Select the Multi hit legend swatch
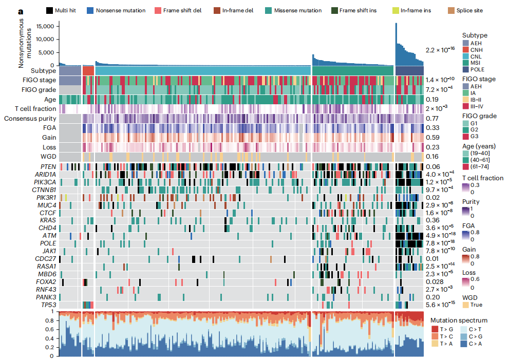[x=49, y=10]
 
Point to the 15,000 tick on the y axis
[x=43, y=26]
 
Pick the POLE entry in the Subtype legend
[x=477, y=69]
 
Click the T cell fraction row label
[x=36, y=109]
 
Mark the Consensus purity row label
[x=30, y=119]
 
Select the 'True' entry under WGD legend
[x=476, y=305]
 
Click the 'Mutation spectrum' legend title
[x=458, y=320]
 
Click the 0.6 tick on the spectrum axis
[x=52, y=329]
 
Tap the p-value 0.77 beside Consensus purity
[x=432, y=119]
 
